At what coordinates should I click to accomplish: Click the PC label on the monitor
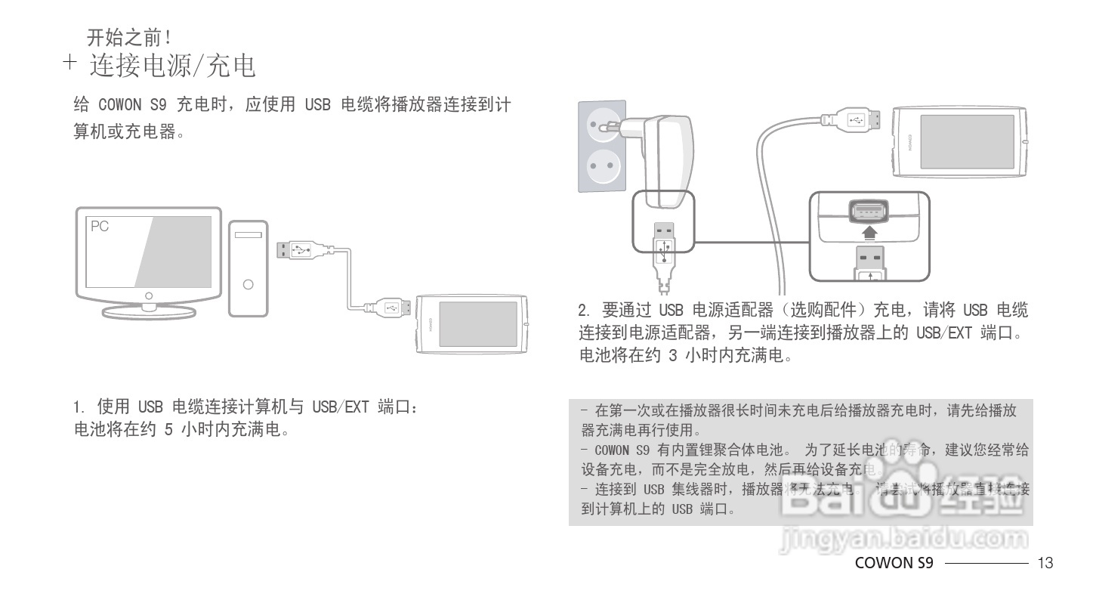click(x=99, y=226)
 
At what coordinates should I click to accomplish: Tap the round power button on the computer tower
click(x=248, y=284)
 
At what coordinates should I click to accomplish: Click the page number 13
click(x=1045, y=563)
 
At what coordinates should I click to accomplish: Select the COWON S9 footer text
click(x=894, y=563)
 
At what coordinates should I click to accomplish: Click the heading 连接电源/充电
click(x=173, y=66)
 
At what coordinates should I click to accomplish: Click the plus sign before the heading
click(x=70, y=63)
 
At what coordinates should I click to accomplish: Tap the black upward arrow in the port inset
click(x=871, y=232)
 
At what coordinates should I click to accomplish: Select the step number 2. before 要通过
click(x=584, y=311)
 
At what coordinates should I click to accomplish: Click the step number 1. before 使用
click(x=78, y=407)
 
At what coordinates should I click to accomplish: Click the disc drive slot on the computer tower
click(x=248, y=236)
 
